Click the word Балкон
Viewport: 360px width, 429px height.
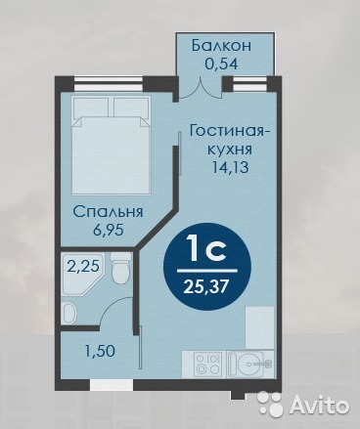pos(222,45)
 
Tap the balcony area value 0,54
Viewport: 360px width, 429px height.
pos(221,64)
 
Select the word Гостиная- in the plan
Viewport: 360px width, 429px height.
pos(230,132)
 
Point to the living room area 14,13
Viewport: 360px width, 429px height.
pos(230,167)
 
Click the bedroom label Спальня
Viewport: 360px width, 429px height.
pos(109,212)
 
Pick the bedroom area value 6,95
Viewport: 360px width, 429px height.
pos(109,230)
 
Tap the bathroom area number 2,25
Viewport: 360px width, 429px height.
pos(83,267)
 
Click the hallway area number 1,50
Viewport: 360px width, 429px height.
pos(100,351)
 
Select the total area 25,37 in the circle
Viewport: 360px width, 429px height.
pos(205,287)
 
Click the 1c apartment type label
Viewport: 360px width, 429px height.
pos(205,249)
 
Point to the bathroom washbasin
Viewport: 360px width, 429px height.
pos(69,313)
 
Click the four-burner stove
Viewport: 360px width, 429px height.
pos(208,364)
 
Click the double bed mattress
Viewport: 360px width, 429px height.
pos(112,155)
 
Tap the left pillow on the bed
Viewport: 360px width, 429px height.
pos(91,107)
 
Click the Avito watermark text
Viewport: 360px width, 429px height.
pos(319,405)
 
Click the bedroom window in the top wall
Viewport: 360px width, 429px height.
pos(109,84)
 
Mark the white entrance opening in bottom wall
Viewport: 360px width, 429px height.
pos(112,385)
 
